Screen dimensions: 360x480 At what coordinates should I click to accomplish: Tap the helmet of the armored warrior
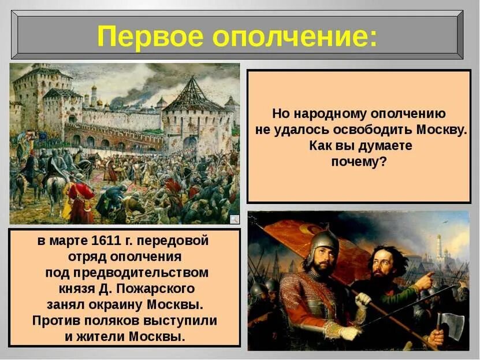click(x=322, y=242)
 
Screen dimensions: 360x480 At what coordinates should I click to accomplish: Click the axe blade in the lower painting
click(x=453, y=325)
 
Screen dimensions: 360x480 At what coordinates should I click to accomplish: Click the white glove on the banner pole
click(x=362, y=300)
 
